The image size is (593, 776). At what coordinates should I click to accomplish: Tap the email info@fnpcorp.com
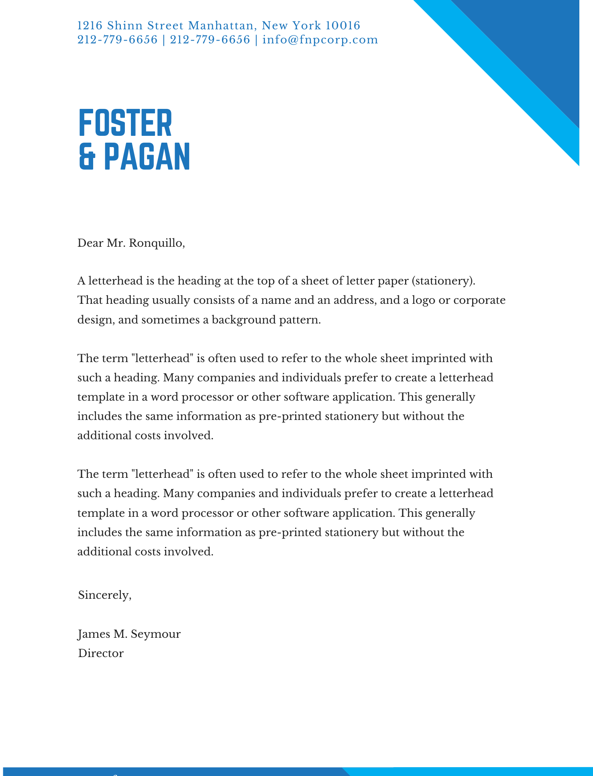(x=320, y=40)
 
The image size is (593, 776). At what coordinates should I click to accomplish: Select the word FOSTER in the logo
(x=125, y=123)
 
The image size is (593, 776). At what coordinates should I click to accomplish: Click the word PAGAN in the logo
(x=147, y=157)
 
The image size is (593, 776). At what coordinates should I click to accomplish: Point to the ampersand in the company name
(x=87, y=157)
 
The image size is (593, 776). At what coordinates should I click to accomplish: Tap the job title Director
(x=101, y=653)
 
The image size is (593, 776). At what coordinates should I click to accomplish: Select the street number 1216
(x=90, y=26)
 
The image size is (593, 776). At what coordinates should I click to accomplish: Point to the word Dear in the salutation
(x=90, y=243)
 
